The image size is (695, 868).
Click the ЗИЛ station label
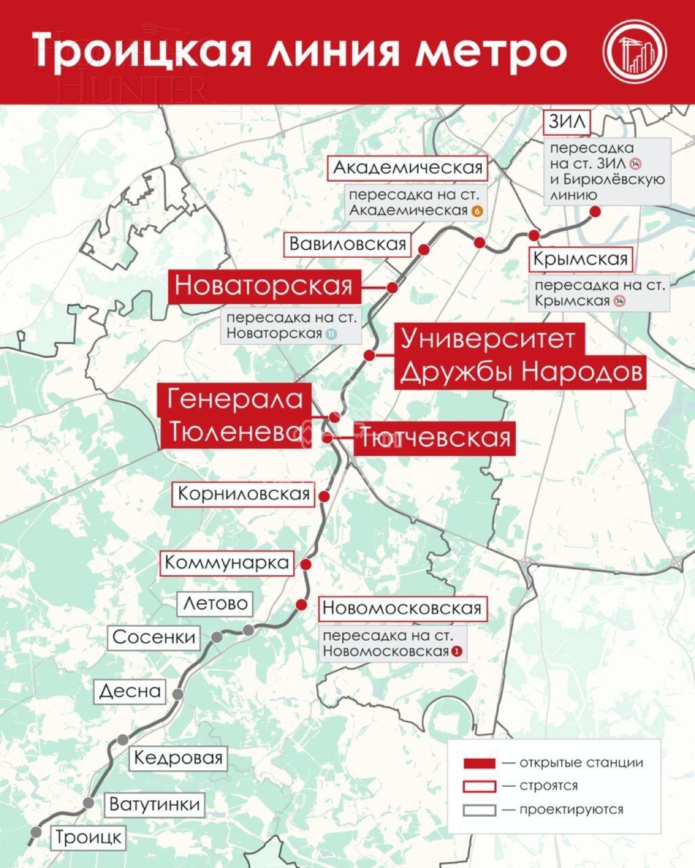click(x=567, y=123)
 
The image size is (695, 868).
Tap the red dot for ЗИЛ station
click(x=595, y=212)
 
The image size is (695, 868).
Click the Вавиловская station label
click(x=347, y=244)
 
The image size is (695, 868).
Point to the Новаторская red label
click(x=264, y=285)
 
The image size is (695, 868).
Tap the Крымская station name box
click(x=580, y=259)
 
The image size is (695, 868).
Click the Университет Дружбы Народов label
click(x=520, y=355)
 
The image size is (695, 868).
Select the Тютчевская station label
click(x=434, y=438)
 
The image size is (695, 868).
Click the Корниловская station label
click(x=244, y=494)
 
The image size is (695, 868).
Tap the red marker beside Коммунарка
click(x=305, y=564)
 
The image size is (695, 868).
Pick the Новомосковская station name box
click(x=402, y=608)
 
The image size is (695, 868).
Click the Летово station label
click(x=215, y=603)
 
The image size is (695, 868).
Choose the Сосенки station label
click(x=154, y=637)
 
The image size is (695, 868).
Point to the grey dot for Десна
click(x=178, y=694)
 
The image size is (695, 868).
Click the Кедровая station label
click(x=179, y=757)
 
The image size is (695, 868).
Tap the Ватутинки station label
click(x=155, y=804)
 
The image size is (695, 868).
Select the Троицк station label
click(x=88, y=837)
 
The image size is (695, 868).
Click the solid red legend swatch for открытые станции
click(x=480, y=763)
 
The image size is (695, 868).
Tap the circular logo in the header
click(x=635, y=52)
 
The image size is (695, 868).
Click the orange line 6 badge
click(x=476, y=211)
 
